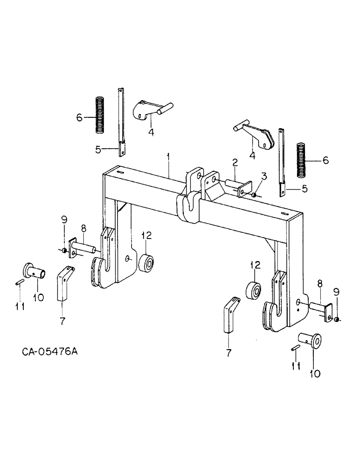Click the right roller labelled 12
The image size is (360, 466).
coord(254,292)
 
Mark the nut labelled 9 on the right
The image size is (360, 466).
coord(336,319)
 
